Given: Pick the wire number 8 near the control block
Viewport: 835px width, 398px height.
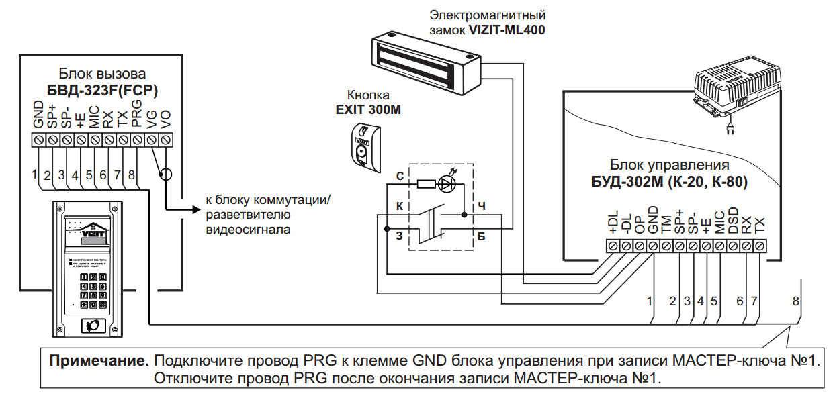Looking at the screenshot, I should pyautogui.click(x=796, y=301).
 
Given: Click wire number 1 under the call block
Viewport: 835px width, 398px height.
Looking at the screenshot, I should pyautogui.click(x=33, y=175).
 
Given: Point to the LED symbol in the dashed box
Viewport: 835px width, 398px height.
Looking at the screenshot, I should pyautogui.click(x=446, y=182).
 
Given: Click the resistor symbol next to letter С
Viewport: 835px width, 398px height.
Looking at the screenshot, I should pyautogui.click(x=424, y=183).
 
